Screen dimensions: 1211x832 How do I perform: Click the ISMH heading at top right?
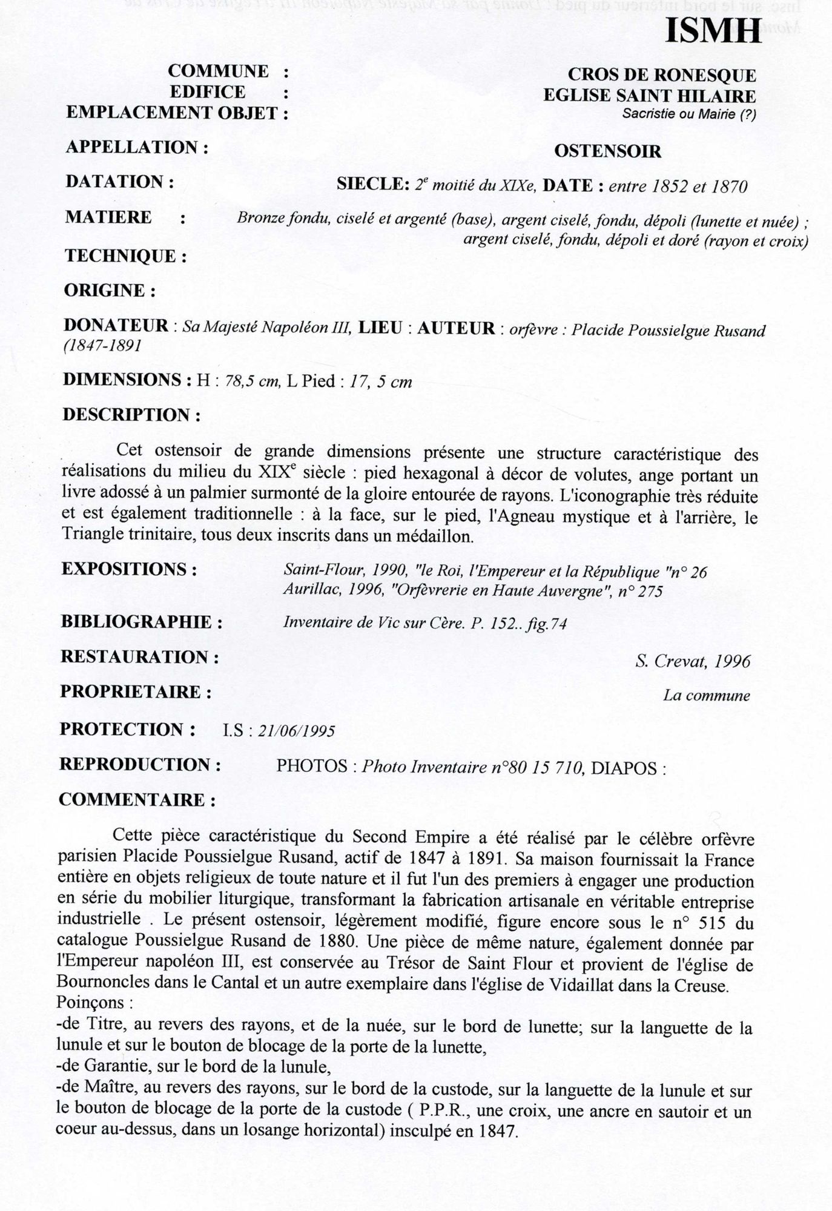(x=713, y=30)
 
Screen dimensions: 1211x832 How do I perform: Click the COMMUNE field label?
(x=218, y=71)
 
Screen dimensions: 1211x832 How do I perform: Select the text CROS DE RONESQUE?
(x=661, y=76)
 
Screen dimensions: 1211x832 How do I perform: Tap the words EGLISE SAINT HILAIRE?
(x=649, y=96)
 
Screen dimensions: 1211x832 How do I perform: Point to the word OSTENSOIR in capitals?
(x=607, y=151)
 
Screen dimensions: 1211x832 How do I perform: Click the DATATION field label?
(x=119, y=182)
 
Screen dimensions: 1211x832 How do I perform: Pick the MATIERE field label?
(x=108, y=217)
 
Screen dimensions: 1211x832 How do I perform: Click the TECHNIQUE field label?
(x=125, y=256)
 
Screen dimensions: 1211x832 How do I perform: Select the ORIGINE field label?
(x=110, y=291)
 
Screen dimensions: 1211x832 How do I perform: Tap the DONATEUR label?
(x=116, y=326)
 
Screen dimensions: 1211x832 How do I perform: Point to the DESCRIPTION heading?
(x=131, y=415)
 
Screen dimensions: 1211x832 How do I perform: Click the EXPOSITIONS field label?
(x=129, y=570)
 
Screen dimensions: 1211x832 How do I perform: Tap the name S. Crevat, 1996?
(x=693, y=661)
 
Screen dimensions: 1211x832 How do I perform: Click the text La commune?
(x=706, y=696)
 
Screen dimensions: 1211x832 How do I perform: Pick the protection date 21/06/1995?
(x=296, y=731)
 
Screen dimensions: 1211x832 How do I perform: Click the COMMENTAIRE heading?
(x=137, y=800)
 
